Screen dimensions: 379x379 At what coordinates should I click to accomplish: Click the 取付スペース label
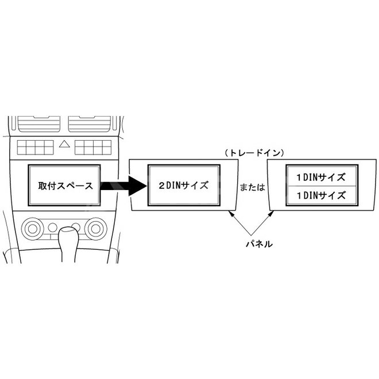(x=65, y=185)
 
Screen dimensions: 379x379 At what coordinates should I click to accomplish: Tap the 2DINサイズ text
(x=183, y=185)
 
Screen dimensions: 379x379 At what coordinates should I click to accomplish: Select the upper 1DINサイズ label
(x=321, y=177)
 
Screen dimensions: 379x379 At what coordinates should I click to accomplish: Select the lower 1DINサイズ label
(x=321, y=195)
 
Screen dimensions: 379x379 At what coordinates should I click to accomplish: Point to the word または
(x=252, y=187)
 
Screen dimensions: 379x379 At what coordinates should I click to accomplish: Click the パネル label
(x=259, y=244)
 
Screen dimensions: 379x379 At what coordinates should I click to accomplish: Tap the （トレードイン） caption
(x=254, y=153)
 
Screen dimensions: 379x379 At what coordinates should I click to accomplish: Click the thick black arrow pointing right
(x=123, y=185)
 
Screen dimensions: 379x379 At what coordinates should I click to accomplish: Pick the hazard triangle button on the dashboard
(x=64, y=144)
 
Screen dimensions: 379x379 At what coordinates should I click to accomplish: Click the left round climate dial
(x=33, y=229)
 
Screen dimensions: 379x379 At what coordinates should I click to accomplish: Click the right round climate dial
(x=96, y=229)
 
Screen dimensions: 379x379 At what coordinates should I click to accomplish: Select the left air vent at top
(x=39, y=124)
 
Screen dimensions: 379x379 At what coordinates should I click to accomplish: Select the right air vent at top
(x=90, y=124)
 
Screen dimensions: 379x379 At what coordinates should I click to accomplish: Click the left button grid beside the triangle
(x=35, y=148)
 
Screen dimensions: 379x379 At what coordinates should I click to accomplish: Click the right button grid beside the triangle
(x=93, y=148)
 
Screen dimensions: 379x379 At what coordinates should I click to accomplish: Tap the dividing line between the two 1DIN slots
(x=322, y=186)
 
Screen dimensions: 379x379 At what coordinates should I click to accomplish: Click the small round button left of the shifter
(x=52, y=227)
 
